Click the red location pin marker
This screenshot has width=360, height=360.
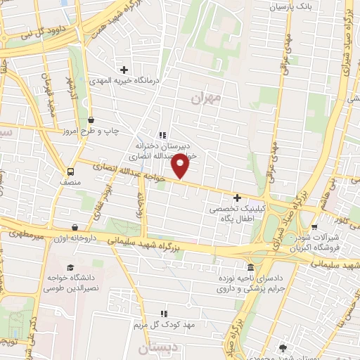point(181,166)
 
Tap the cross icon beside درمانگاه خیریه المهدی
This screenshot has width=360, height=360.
point(124,70)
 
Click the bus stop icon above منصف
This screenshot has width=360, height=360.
point(70,172)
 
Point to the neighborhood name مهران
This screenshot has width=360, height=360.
point(205,98)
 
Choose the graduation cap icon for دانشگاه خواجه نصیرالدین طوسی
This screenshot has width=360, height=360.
point(70,267)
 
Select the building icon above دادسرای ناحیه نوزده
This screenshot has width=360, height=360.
point(250,268)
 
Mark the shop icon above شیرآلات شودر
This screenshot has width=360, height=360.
point(314,227)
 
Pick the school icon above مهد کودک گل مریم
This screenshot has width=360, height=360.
point(163,314)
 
